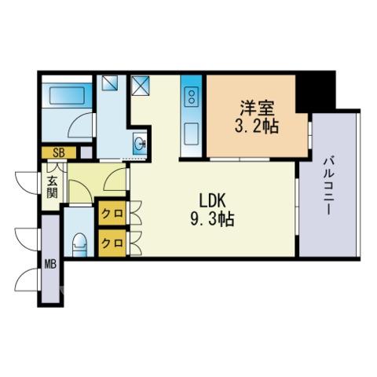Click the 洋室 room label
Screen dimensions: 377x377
[257, 108]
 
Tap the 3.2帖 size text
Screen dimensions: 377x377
[257, 126]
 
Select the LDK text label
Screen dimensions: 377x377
[212, 201]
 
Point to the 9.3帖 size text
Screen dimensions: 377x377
[212, 219]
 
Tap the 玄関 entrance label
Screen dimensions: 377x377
[53, 187]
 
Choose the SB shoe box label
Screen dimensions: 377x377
[59, 152]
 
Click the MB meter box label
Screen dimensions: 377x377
[50, 265]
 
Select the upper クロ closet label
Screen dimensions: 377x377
[112, 214]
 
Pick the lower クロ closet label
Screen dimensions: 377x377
[112, 243]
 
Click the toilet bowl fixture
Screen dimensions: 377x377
[79, 244]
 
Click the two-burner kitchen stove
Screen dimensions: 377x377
[192, 97]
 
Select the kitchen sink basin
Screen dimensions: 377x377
[192, 134]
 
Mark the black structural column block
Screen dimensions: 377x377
[316, 92]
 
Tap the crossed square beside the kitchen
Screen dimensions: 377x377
[140, 86]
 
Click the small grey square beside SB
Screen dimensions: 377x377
[86, 152]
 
